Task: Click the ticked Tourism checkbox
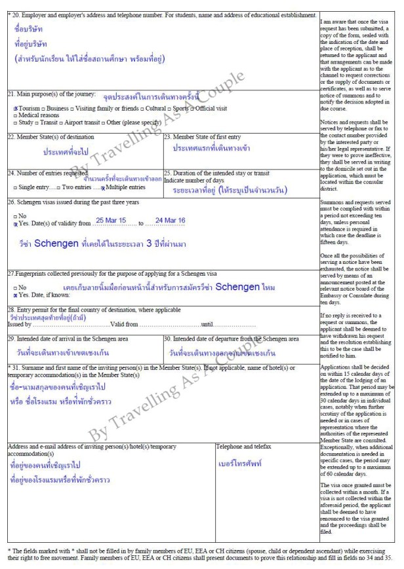click(x=15, y=108)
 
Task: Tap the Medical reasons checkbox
click(x=10, y=115)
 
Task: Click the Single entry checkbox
click(x=10, y=188)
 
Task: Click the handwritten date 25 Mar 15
click(x=111, y=221)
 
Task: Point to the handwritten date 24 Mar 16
click(x=170, y=221)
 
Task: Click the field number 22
click(x=11, y=137)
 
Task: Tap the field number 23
click(x=167, y=137)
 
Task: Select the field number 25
click(x=167, y=173)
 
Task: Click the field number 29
click(x=11, y=339)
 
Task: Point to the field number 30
click(x=167, y=339)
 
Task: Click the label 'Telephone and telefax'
click(x=243, y=446)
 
